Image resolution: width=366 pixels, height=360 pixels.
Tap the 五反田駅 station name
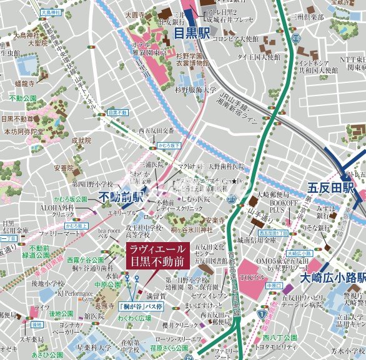pyautogui.click(x=331, y=188)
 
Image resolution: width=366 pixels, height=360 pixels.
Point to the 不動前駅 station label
pyautogui.click(x=121, y=198)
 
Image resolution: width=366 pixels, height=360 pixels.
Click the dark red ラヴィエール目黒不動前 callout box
pyautogui.click(x=156, y=256)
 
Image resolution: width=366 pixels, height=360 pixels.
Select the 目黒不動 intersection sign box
pyautogui.click(x=117, y=112)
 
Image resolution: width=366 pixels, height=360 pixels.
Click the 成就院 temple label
pyautogui.click(x=81, y=141)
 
